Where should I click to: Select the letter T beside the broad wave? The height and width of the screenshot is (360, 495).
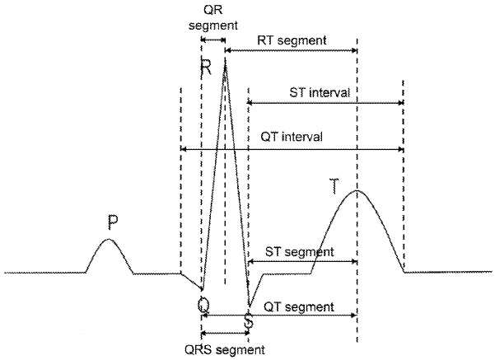[334, 185]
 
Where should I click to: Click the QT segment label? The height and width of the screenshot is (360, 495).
[298, 306]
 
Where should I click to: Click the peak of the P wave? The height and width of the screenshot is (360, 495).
[109, 239]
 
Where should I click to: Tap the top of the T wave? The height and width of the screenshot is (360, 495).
[357, 191]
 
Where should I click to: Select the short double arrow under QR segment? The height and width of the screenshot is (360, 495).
[213, 40]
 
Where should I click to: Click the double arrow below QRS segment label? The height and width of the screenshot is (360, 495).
[225, 334]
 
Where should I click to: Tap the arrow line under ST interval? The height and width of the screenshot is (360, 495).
[325, 102]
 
